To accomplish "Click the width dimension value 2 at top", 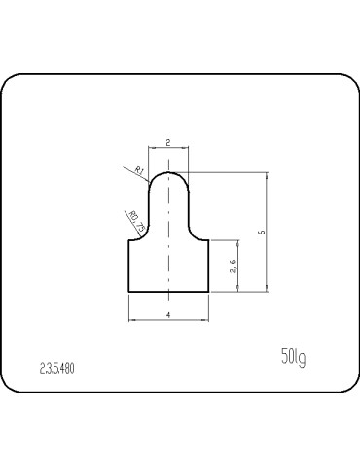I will click(169, 142).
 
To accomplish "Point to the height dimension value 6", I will click(260, 232).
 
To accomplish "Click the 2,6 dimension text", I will click(233, 266).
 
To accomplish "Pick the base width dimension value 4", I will click(169, 315).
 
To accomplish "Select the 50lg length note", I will click(293, 358).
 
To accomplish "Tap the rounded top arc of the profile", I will click(170, 172).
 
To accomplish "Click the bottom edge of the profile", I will click(169, 292).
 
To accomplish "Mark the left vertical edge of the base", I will click(129, 266).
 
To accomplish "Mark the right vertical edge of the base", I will click(210, 266).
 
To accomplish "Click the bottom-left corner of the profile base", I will click(129, 292).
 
